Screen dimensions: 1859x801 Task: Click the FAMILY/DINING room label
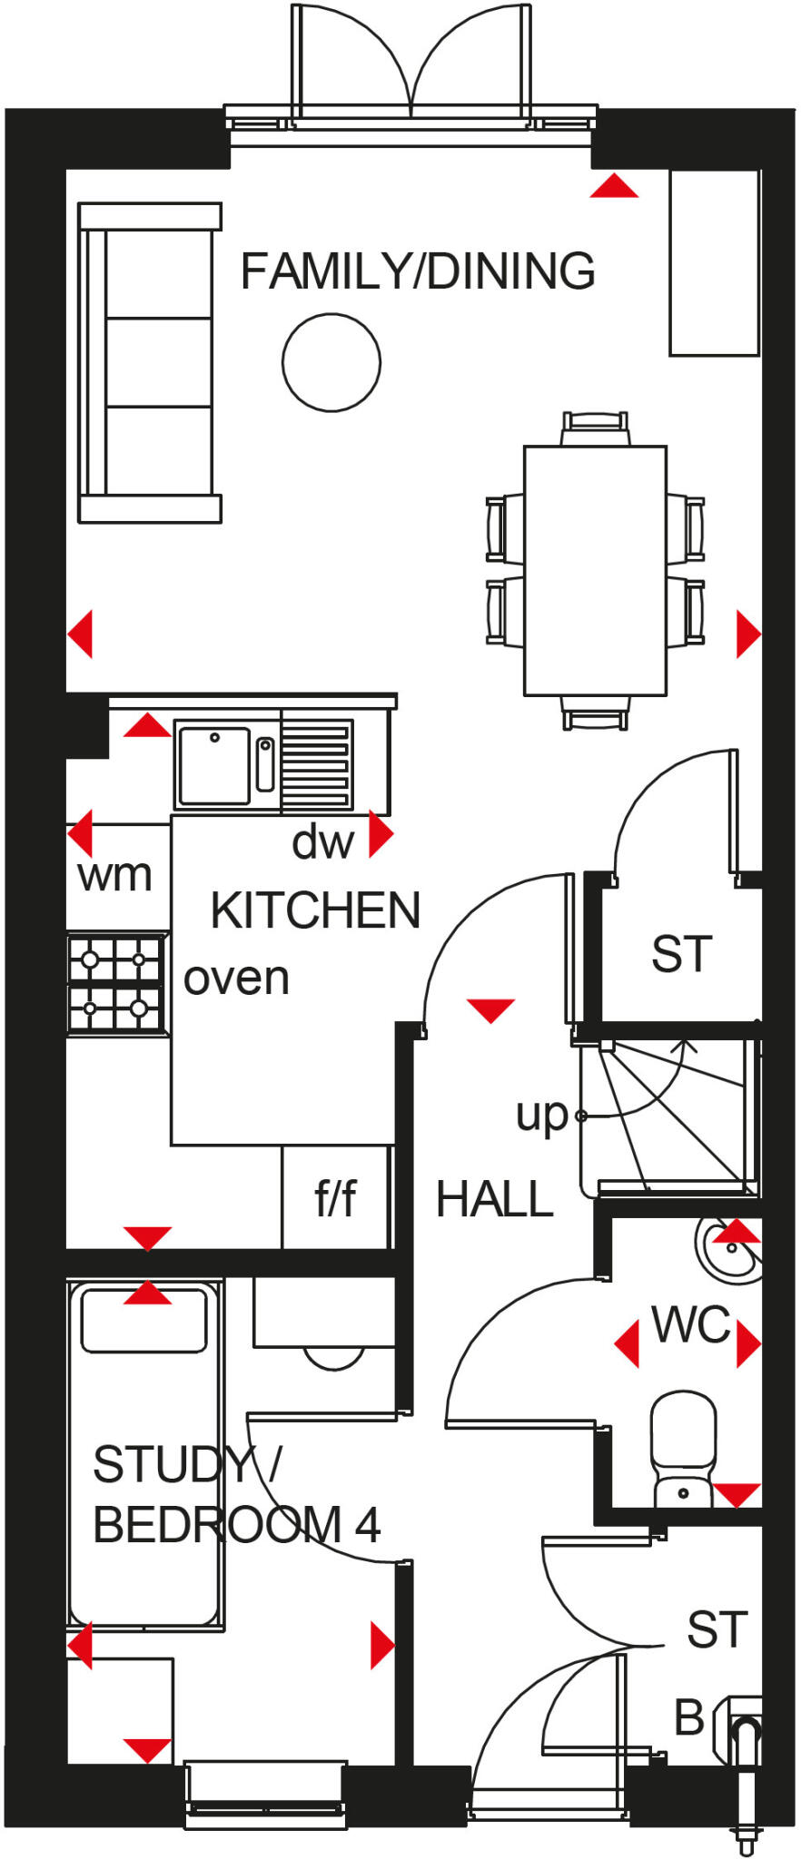pos(418,271)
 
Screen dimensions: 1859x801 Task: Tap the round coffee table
pos(331,362)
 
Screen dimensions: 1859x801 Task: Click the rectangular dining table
pos(595,570)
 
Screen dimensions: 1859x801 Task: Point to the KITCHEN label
pos(315,910)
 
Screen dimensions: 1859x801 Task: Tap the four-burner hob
pos(115,983)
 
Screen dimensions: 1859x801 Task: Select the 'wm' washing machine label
pos(114,876)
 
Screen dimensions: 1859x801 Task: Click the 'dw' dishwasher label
pos(322,842)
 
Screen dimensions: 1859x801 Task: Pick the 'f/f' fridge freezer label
pos(335,1198)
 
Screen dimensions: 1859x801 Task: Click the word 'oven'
pos(236,979)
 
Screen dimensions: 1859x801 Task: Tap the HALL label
pos(495,1199)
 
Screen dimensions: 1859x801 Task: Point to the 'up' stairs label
pos(541,1115)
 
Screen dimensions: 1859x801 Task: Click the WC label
pos(691,1326)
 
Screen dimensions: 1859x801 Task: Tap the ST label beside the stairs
pos(681,954)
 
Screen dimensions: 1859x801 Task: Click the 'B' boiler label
pos(689,1717)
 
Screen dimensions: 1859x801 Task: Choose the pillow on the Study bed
pos(144,1320)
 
